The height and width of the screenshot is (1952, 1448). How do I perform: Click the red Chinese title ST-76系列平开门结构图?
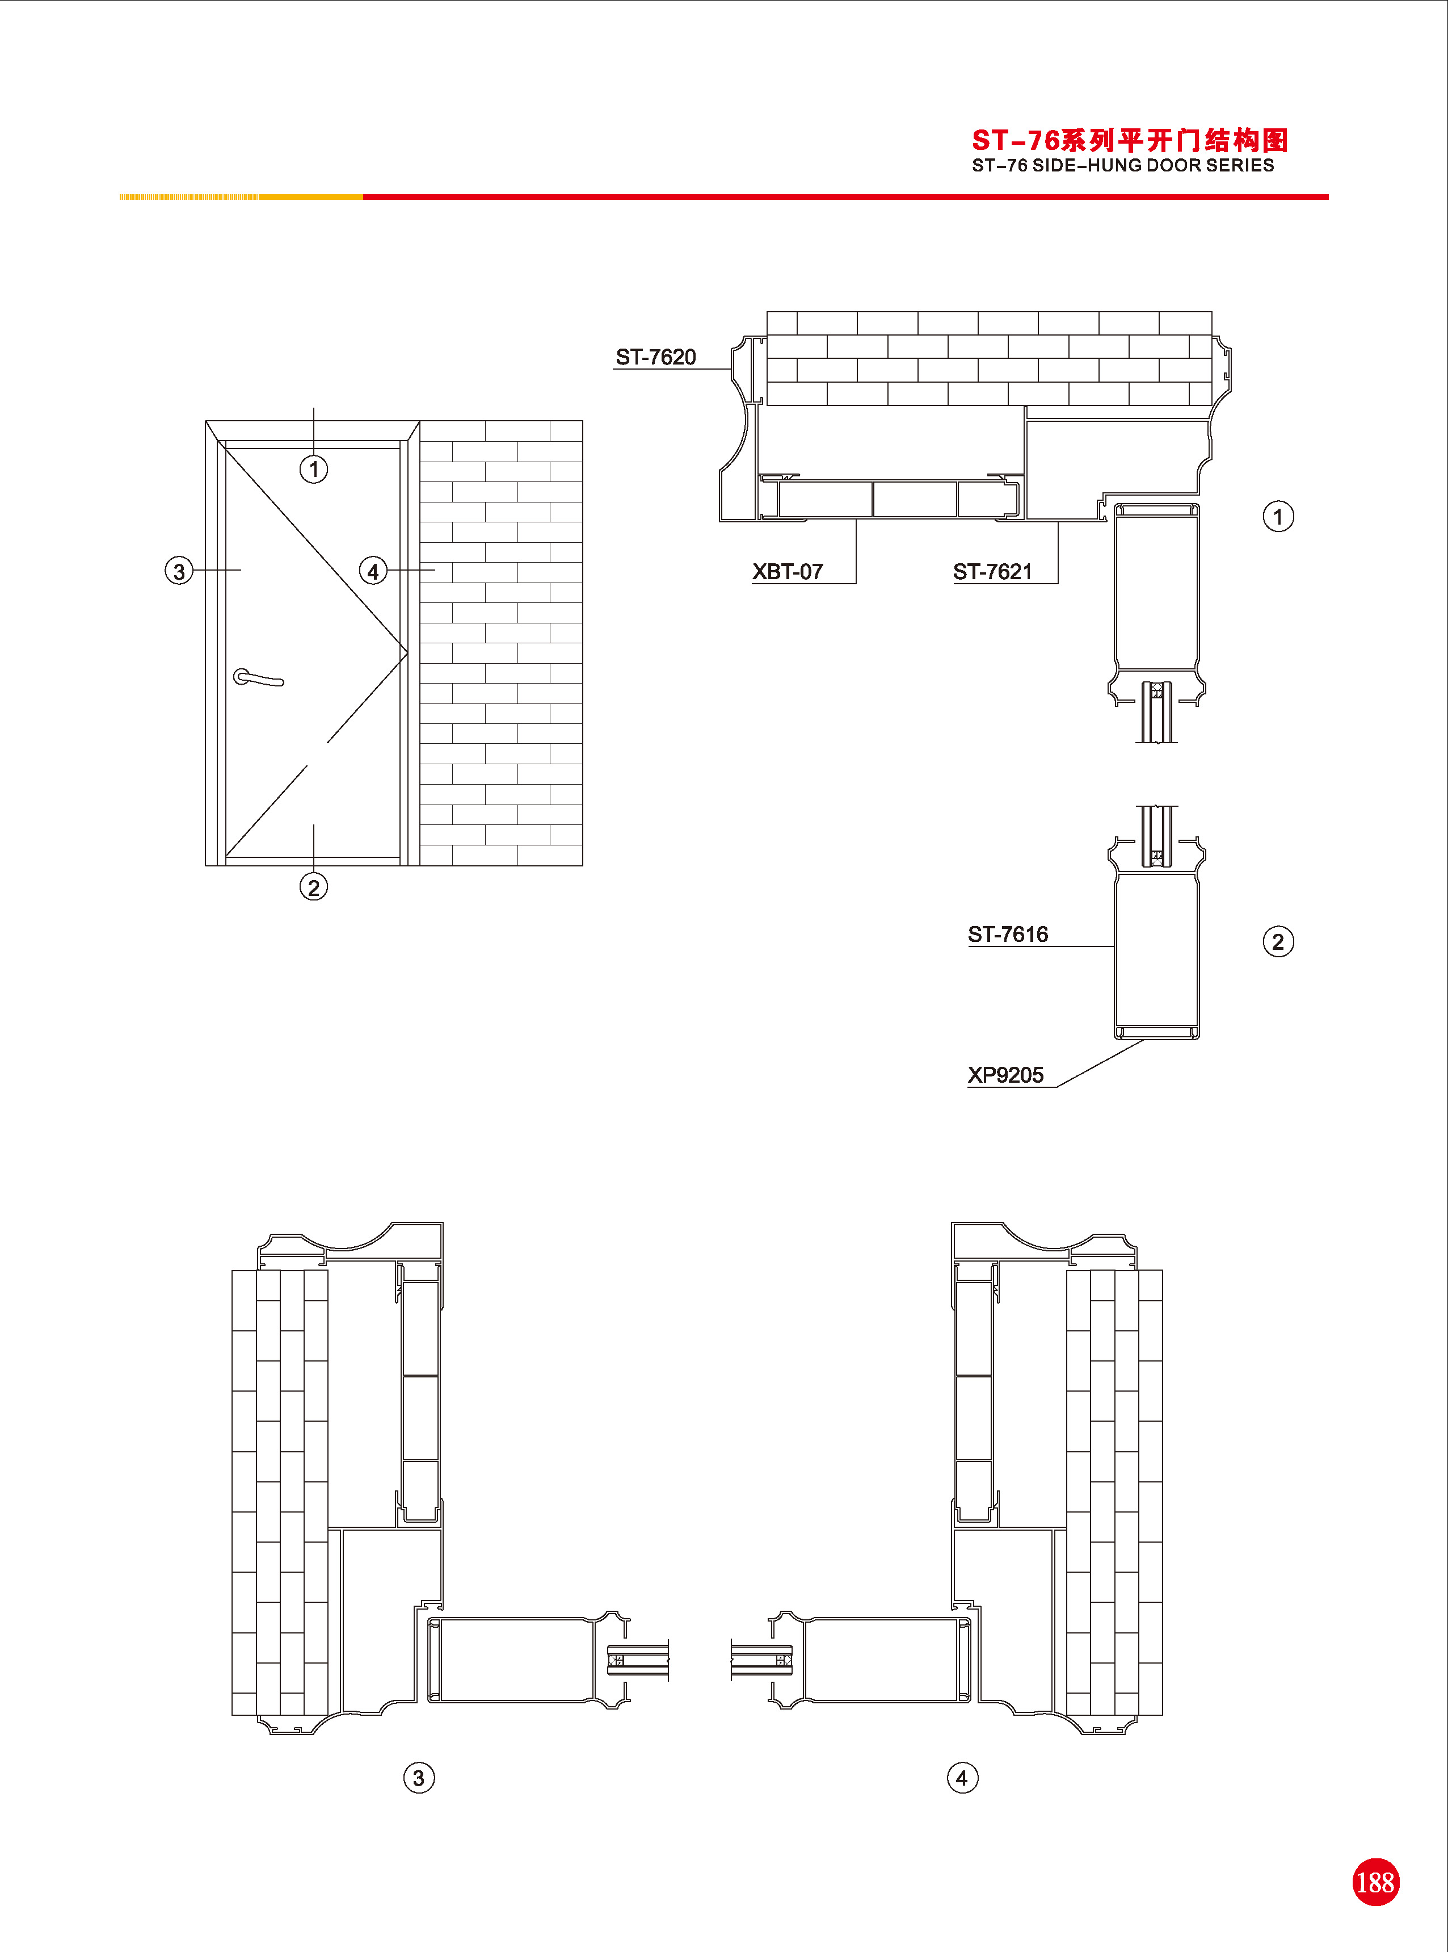pos(1130,140)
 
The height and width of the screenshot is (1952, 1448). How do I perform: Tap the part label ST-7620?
pos(656,357)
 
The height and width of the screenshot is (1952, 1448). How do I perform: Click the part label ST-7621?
pos(992,572)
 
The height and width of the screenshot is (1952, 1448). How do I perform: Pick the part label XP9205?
pos(1005,1075)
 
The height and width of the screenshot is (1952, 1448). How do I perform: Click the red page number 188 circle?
pos(1375,1882)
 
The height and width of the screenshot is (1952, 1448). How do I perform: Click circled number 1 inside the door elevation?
pos(314,469)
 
